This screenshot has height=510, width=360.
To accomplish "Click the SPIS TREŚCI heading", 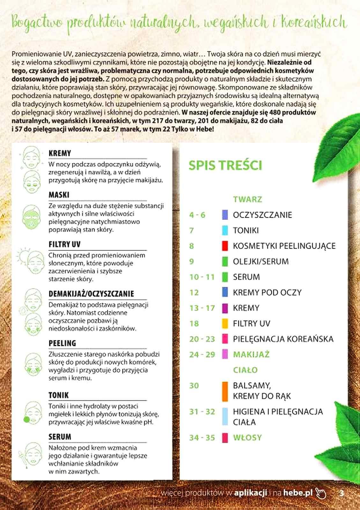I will [x=225, y=165].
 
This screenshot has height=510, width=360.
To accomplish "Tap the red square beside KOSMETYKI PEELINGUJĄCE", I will [x=225, y=246].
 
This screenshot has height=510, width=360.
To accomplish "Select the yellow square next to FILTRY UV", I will [x=225, y=324].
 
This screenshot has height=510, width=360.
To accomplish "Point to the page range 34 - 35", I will [x=202, y=437].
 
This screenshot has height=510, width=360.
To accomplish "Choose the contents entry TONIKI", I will [x=246, y=230].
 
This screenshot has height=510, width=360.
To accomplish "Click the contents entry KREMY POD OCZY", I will [x=267, y=292].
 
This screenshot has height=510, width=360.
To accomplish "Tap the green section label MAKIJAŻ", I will [x=251, y=354].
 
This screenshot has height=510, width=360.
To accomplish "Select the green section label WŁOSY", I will [x=247, y=437].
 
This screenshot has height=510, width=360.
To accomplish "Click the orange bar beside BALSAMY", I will [x=225, y=391].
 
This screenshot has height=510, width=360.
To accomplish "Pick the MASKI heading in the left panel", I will [x=59, y=195].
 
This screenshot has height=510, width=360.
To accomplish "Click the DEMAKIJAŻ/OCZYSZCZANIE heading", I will [x=91, y=294].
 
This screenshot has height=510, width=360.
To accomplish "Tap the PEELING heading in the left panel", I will [x=62, y=343].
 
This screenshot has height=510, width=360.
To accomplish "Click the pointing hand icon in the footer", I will [x=321, y=493].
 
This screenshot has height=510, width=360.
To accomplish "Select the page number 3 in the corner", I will [x=342, y=493].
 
